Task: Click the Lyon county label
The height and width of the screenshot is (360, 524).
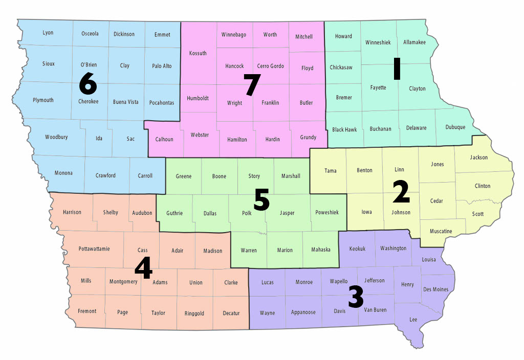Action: point(48,33)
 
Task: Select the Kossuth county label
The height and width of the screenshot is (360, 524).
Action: point(198,53)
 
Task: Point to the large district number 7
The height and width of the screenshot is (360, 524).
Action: point(252,85)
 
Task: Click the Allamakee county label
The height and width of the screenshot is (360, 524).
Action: point(414,42)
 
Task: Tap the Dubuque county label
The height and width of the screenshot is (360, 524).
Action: point(455,127)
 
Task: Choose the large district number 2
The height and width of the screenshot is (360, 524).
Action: point(401,192)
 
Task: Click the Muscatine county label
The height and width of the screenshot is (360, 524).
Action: point(441,231)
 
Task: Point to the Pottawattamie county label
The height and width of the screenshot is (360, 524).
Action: point(94,249)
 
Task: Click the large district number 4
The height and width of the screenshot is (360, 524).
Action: point(144,268)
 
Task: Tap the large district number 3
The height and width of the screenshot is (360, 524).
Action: point(356,297)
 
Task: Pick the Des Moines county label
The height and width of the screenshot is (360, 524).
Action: point(436,289)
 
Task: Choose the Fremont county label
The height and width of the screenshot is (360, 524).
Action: point(87,311)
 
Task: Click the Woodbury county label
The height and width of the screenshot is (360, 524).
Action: point(56,137)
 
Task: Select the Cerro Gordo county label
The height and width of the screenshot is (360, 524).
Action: point(270,66)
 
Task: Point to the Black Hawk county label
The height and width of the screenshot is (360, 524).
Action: point(344,130)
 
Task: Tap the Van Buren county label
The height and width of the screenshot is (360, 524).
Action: point(375,310)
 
